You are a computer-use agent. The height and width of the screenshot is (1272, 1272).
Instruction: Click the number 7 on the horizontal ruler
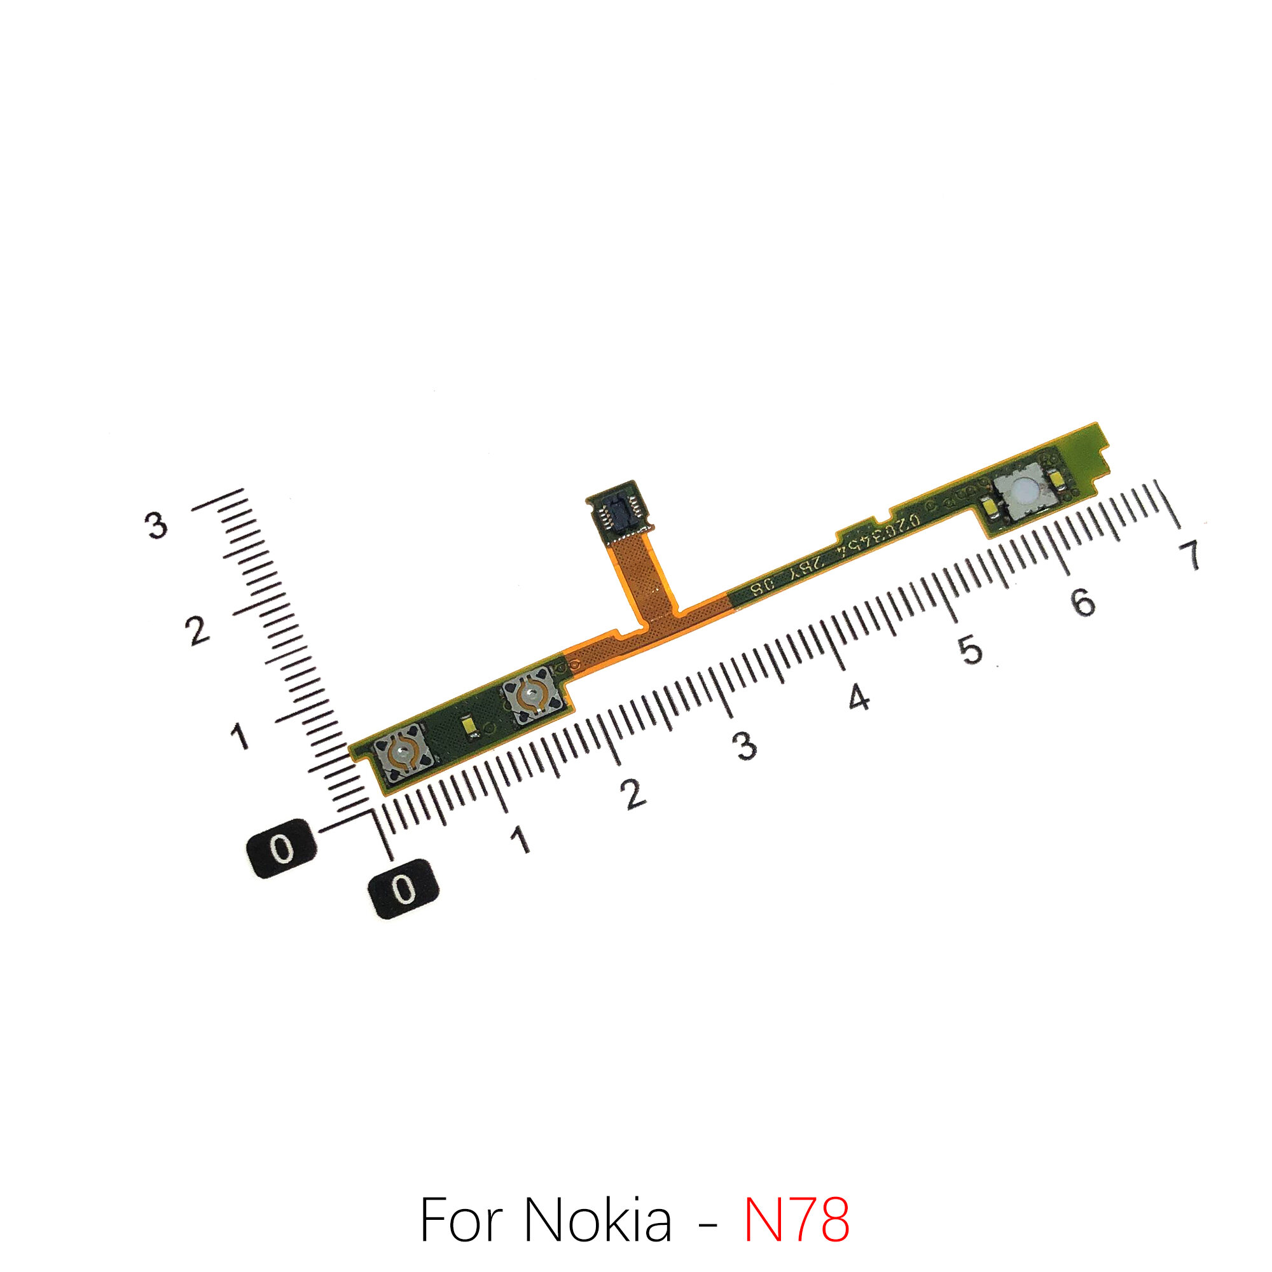click(1190, 555)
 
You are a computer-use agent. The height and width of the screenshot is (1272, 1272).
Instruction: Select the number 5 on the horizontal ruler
click(970, 649)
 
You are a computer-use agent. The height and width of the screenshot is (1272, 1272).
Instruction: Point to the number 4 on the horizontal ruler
click(859, 697)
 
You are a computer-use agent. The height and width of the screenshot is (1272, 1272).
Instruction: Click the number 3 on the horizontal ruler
click(745, 746)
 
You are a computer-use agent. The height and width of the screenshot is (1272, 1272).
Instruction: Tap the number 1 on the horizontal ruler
click(520, 840)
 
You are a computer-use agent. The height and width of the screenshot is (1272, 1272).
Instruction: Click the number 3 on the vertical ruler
click(156, 525)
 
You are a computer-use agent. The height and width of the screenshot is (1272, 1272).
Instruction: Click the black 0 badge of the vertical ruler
click(282, 848)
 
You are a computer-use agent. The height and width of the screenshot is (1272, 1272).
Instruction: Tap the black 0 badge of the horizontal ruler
click(404, 890)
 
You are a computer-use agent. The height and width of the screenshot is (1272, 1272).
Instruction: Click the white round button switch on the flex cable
click(1023, 492)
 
